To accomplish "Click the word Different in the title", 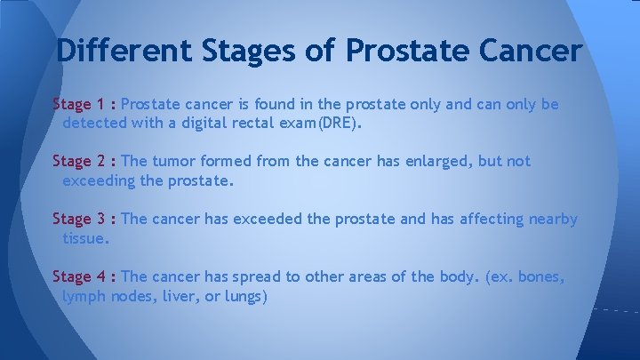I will coord(123,50).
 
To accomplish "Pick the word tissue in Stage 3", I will coord(85,238).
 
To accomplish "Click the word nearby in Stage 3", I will coord(553,219).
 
